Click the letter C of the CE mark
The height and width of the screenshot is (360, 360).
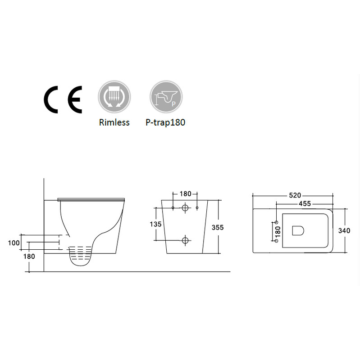pyautogui.click(x=47, y=99)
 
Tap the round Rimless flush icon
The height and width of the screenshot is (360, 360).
pyautogui.click(x=114, y=97)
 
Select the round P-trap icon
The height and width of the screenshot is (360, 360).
pyautogui.click(x=166, y=97)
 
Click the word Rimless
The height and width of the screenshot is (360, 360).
pyautogui.click(x=114, y=122)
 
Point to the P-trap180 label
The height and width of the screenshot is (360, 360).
pyautogui.click(x=165, y=122)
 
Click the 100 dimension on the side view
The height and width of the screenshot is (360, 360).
pyautogui.click(x=14, y=243)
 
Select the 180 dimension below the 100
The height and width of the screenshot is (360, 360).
pyautogui.click(x=29, y=256)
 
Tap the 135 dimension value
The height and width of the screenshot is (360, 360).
pyautogui.click(x=155, y=224)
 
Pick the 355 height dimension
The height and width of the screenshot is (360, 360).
pyautogui.click(x=218, y=227)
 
